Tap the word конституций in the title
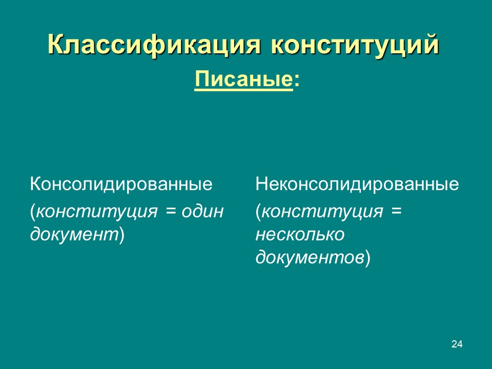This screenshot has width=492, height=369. [x=355, y=45]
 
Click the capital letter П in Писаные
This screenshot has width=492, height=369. [x=201, y=80]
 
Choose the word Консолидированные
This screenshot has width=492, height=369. [x=121, y=184]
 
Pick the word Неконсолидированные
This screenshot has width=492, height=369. [x=357, y=184]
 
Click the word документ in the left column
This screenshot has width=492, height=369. [x=74, y=235]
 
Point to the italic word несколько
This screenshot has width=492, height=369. [x=300, y=235]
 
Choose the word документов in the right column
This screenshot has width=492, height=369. [x=310, y=258]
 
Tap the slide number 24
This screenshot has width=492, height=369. [x=457, y=344]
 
